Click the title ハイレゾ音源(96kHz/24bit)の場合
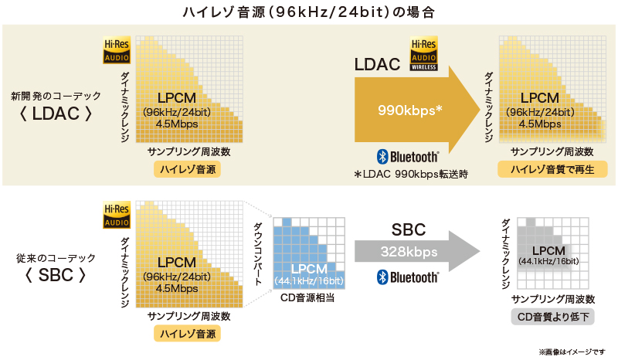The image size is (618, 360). [x=309, y=12]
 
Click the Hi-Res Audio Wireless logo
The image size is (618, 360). [x=424, y=55]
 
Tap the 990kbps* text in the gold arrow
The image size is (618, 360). [x=409, y=110]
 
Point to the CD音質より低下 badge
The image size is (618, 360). [x=553, y=317]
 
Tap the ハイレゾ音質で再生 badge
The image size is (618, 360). [x=552, y=169]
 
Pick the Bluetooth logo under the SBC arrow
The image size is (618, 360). [x=407, y=277]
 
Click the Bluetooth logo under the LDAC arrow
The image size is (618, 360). [x=407, y=155]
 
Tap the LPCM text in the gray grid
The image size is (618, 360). [x=548, y=250]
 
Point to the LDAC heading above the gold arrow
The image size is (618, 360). [x=377, y=64]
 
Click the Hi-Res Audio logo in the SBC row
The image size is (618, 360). [x=117, y=216]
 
